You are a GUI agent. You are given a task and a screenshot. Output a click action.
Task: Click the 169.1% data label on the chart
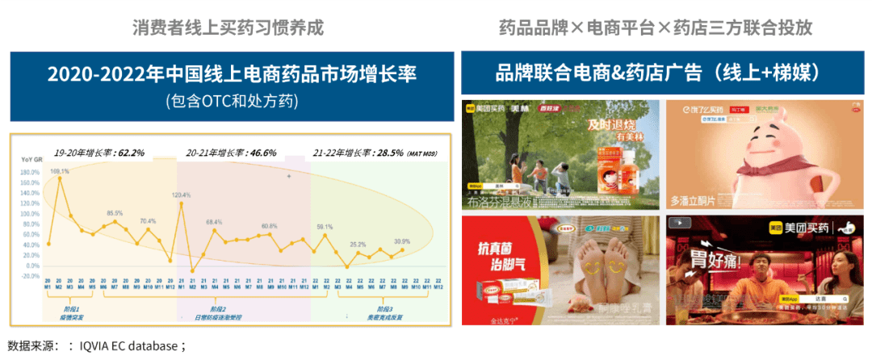point(60,171)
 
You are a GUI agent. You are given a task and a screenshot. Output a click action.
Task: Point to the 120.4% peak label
point(181,195)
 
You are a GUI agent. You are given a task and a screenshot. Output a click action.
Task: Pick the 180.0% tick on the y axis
point(29,172)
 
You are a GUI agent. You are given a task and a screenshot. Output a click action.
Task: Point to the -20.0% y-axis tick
point(29,276)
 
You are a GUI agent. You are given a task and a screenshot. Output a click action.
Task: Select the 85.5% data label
point(115,213)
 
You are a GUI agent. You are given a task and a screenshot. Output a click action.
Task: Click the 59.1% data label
point(325,227)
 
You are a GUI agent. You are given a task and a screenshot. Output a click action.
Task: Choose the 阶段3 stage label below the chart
point(385,309)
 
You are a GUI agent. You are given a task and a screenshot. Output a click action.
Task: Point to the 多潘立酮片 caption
point(697,200)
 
